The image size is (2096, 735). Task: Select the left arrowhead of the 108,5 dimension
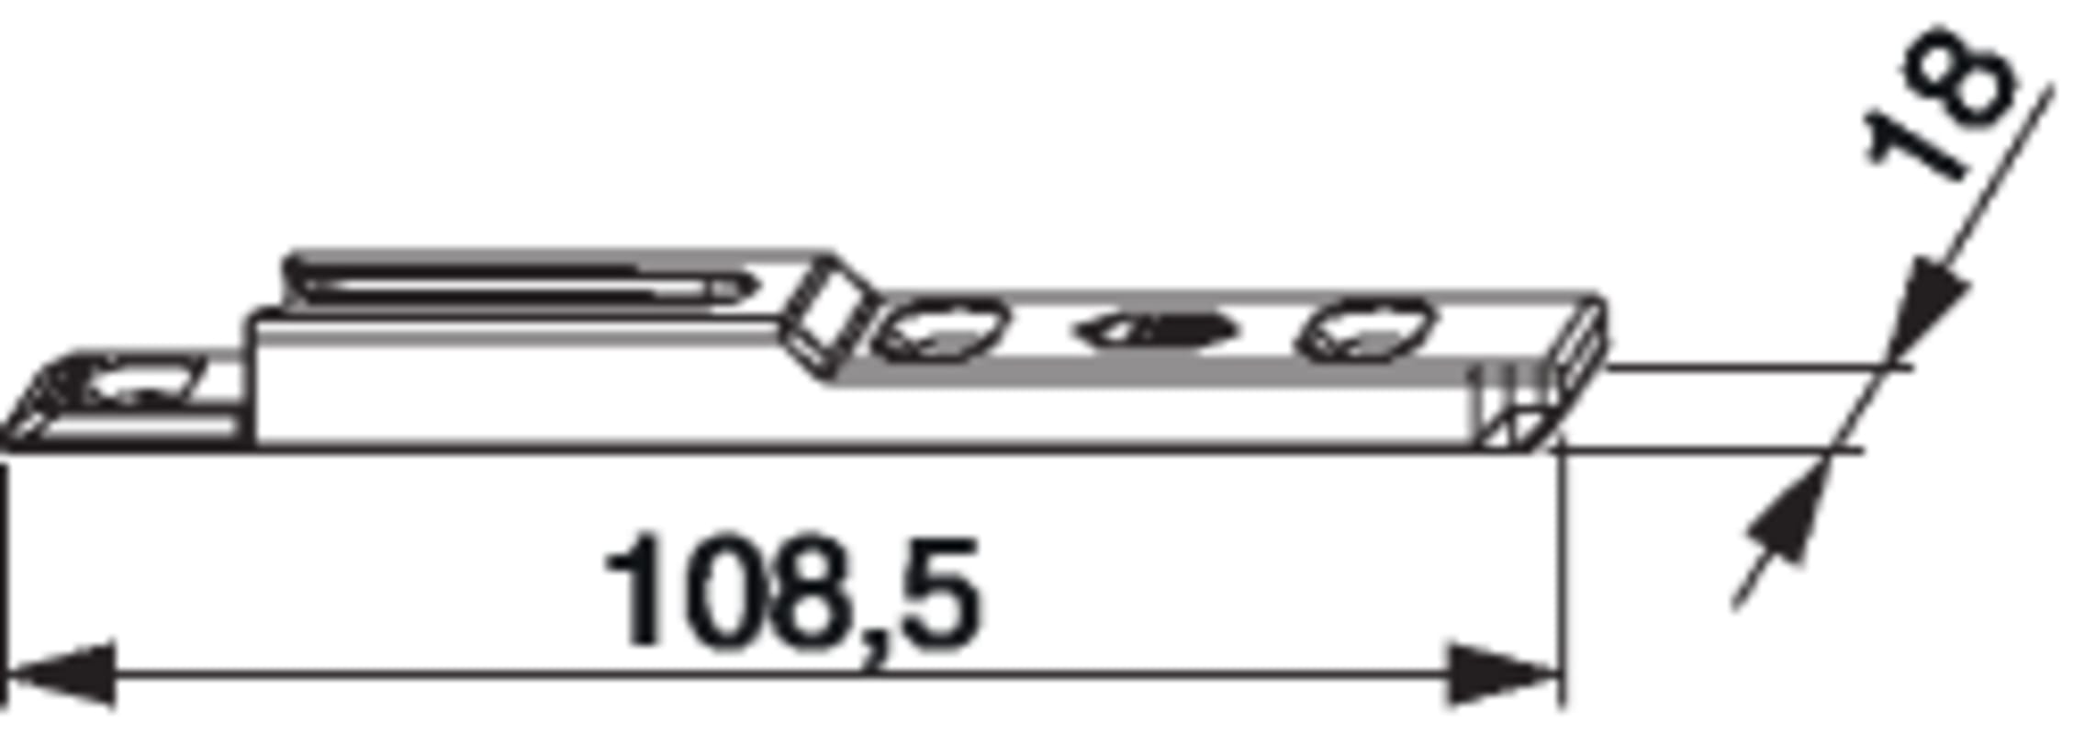61,675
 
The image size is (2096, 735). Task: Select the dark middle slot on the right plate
1159,332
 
